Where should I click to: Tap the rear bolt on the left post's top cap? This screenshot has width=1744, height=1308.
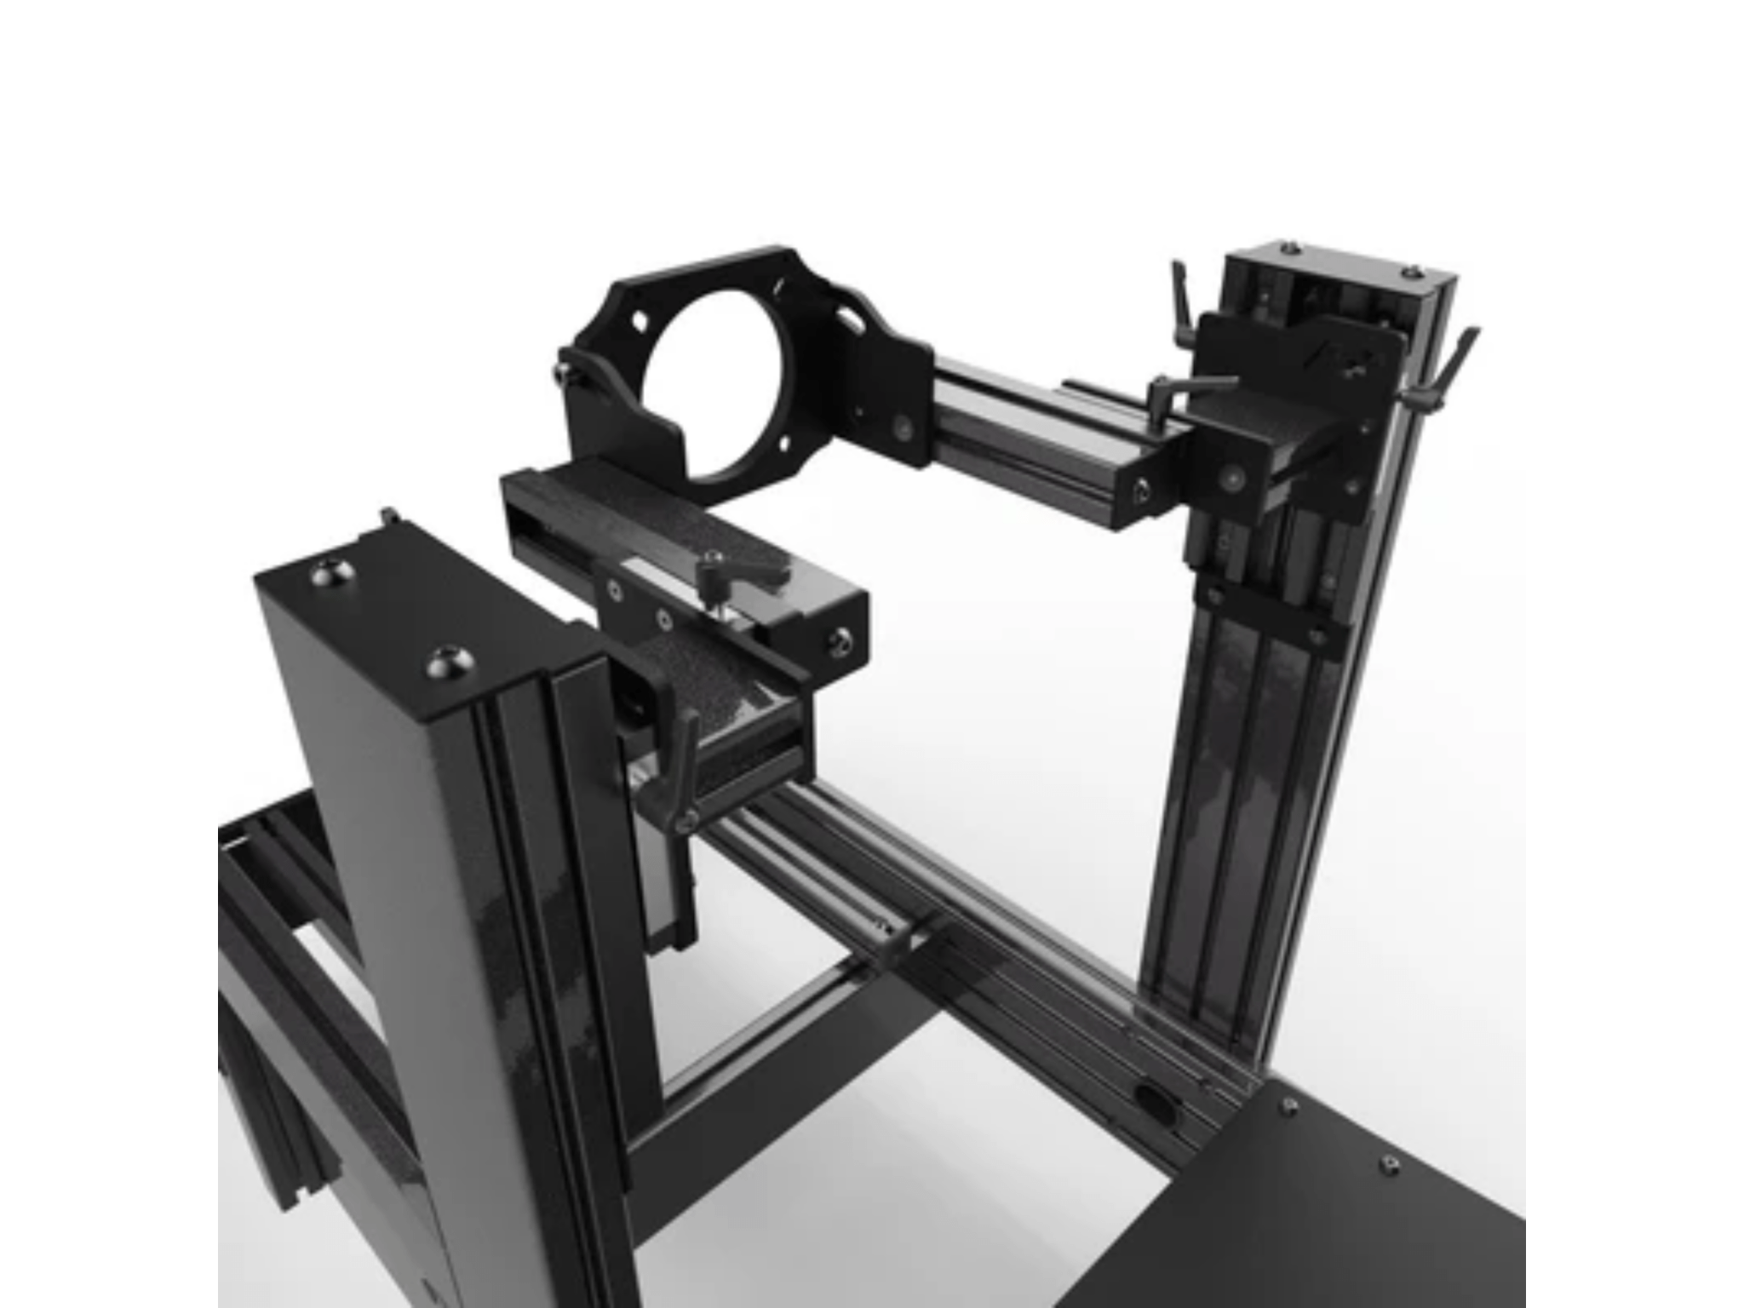click(329, 572)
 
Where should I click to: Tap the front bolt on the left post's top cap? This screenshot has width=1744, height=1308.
click(445, 662)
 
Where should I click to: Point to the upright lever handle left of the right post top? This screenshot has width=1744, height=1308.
click(1181, 298)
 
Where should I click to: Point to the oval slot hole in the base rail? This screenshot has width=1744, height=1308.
click(1156, 1099)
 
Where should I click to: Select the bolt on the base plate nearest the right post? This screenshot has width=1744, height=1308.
click(1289, 1104)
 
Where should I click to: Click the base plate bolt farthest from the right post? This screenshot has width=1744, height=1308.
click(1390, 1163)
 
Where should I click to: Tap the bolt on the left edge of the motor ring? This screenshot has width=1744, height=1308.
click(564, 371)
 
